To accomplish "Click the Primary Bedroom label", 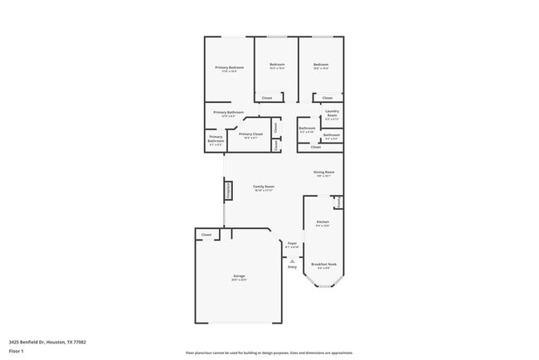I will (x=229, y=68).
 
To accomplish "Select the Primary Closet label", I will (x=250, y=134).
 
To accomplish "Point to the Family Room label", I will (x=264, y=187).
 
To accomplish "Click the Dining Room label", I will (x=323, y=173).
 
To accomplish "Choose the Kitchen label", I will (x=323, y=222).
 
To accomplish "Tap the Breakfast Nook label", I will (x=322, y=265).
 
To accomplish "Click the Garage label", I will (x=239, y=276).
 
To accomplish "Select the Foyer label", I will (x=292, y=244).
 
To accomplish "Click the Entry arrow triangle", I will (x=292, y=260).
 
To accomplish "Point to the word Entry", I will (x=292, y=267).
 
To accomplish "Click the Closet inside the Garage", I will (x=206, y=235).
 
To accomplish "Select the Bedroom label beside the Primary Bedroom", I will (x=277, y=66).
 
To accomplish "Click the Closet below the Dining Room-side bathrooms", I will (x=315, y=148).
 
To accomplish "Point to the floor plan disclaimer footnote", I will (x=269, y=352).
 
